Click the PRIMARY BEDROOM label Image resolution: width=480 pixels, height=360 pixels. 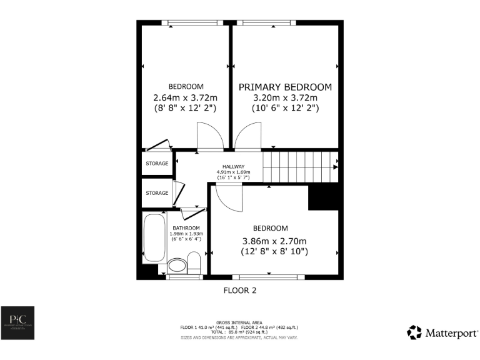click(x=285, y=87)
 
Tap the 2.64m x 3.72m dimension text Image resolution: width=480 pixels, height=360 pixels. click(x=185, y=97)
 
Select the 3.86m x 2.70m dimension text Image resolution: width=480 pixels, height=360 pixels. click(x=275, y=241)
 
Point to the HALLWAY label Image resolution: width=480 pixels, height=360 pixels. click(x=234, y=166)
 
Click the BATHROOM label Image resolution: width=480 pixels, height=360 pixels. click(x=186, y=227)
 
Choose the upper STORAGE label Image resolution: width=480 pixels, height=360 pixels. click(x=157, y=164)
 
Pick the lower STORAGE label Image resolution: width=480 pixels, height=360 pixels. click(x=157, y=193)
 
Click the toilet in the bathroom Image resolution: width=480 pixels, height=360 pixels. click(x=194, y=262)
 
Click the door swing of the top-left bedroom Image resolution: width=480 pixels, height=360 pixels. click(x=209, y=136)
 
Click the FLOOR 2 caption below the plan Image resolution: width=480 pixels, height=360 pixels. click(x=240, y=291)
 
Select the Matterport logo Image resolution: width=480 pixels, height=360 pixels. click(x=442, y=332)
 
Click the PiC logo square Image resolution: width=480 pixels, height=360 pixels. click(x=17, y=323)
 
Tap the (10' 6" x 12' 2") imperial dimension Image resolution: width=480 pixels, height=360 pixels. click(x=285, y=108)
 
